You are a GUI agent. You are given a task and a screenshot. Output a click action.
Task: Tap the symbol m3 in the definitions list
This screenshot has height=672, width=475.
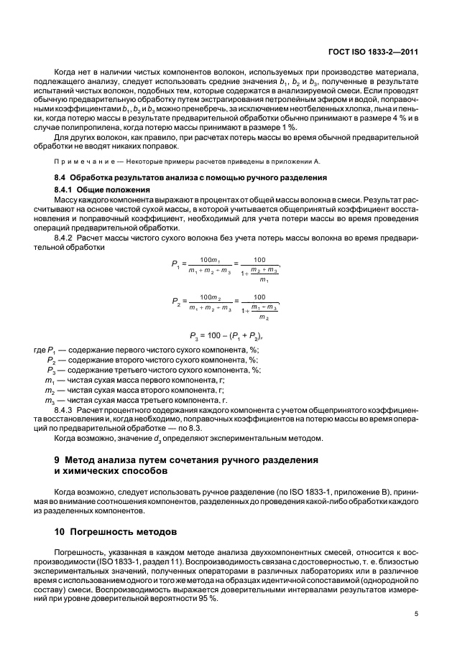click(50, 399)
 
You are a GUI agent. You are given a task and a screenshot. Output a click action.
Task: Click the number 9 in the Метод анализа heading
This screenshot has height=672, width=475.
click(57, 458)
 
